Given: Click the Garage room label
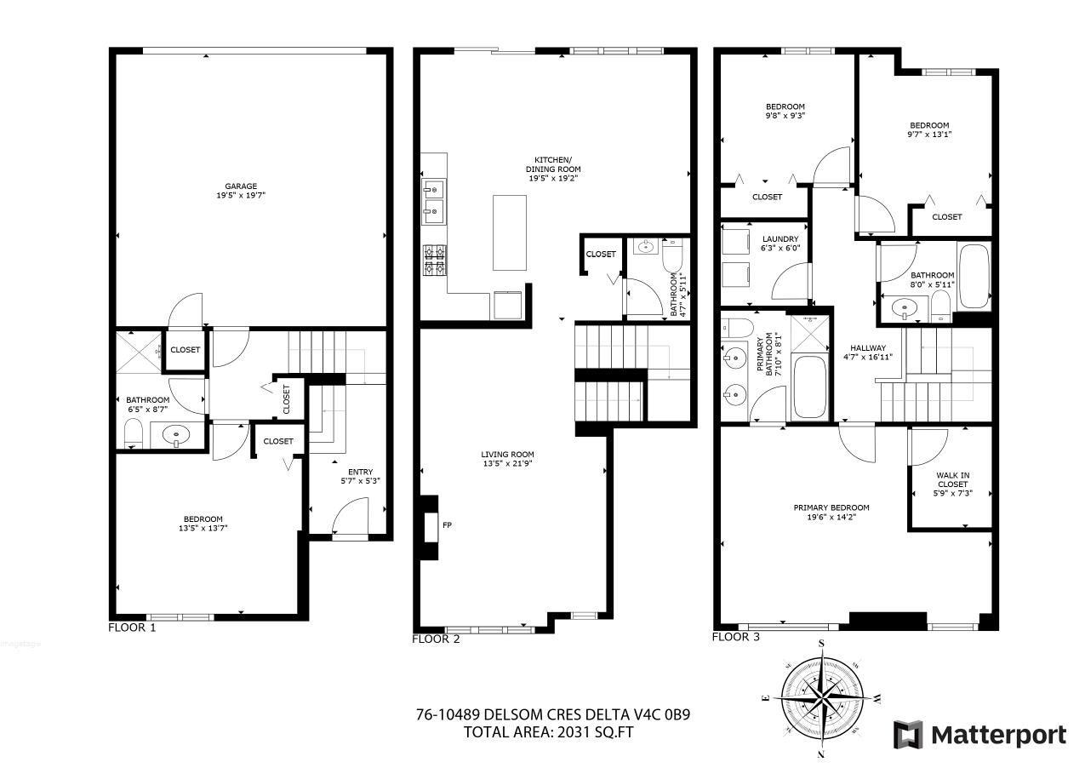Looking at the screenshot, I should click(x=241, y=186).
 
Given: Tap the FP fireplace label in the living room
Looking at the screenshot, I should click(x=447, y=524).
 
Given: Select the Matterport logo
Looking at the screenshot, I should click(x=979, y=734).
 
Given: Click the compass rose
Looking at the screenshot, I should click(x=822, y=697).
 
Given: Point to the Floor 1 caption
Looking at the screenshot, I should click(x=132, y=628).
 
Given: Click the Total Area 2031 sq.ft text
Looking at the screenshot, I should click(x=549, y=731).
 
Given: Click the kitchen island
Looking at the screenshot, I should click(x=510, y=232).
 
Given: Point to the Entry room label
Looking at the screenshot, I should click(x=360, y=473).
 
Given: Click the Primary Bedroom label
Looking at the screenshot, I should click(x=831, y=507).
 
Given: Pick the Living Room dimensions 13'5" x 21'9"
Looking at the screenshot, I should click(x=507, y=464).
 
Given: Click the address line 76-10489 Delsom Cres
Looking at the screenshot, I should click(x=552, y=714).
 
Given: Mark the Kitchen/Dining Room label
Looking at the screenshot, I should click(x=552, y=164).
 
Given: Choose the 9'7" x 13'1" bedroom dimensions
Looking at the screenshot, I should click(x=928, y=134).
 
